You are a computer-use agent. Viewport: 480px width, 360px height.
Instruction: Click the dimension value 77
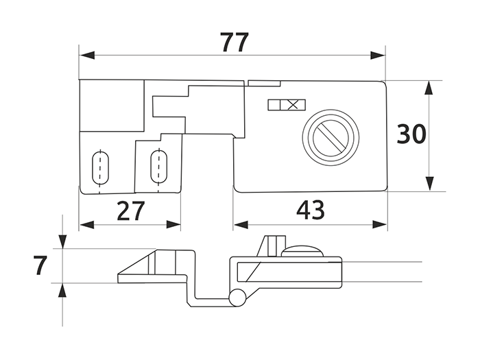[x=235, y=43]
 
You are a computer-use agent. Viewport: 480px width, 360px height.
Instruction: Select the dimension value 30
[x=411, y=134]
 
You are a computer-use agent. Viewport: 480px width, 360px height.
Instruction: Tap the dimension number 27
[x=131, y=211]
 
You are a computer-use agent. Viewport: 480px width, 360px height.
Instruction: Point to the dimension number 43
[x=310, y=210]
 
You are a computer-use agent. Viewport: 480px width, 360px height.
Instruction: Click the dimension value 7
[x=40, y=265]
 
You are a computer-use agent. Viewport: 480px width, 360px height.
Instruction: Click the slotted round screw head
[x=331, y=136]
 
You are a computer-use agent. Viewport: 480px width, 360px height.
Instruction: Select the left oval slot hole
[x=100, y=168]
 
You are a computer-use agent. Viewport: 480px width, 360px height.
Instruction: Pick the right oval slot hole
[x=158, y=167]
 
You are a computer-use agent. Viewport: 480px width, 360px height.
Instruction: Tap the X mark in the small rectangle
[x=293, y=105]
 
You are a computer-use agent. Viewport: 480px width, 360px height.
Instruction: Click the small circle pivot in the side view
[x=237, y=297]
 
